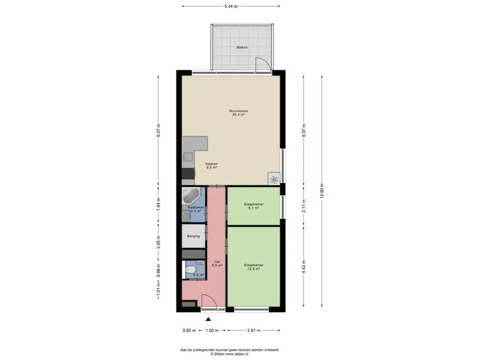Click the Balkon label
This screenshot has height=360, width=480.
coord(242,47)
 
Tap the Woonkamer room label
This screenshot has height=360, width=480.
coord(239,112)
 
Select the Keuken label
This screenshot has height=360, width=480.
coord(211,165)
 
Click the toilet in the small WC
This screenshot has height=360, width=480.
coord(191,270)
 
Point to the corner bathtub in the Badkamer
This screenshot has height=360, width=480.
coord(191,196)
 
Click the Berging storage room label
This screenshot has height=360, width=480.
coord(194,236)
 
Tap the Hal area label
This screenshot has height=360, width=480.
coord(217,263)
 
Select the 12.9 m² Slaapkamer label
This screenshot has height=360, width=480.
coord(254,267)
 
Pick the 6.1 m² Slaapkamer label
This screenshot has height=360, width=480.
coord(254,206)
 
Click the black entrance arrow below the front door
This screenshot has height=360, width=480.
coord(208,319)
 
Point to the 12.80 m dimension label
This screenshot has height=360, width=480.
coord(322,191)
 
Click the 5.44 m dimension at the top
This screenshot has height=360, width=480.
coord(231,6)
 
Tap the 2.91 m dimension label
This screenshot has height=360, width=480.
coord(254,330)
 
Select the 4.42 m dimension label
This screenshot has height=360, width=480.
coord(304,267)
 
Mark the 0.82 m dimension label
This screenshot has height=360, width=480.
coord(189,330)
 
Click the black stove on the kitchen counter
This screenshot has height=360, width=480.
coord(188,173)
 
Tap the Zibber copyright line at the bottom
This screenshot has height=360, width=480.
coord(229,354)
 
